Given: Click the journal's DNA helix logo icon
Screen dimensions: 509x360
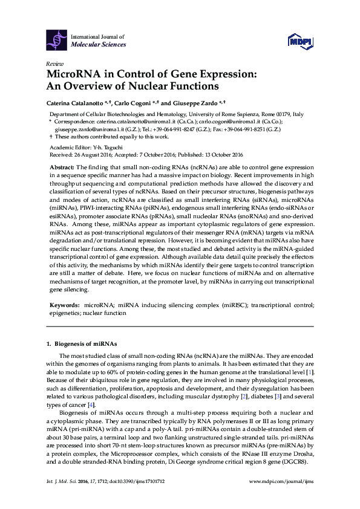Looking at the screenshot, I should [58, 39].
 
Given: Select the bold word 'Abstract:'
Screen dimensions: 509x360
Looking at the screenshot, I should [62, 166].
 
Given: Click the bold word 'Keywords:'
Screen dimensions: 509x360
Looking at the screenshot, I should [64, 307].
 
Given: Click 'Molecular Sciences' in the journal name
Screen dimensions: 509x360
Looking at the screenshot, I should [99, 44].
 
